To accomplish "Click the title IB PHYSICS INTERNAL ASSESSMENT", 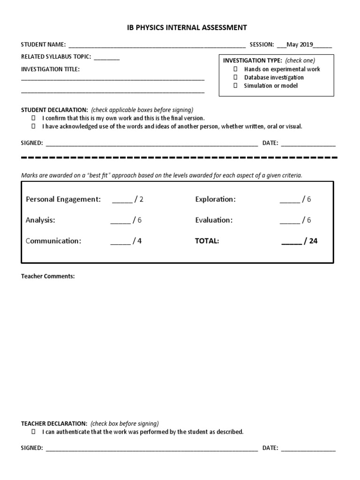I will tap(180, 28).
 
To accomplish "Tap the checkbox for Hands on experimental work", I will tap(236, 69).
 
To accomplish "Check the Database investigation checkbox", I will tap(236, 78).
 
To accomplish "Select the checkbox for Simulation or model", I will tap(236, 86).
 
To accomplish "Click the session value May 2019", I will tap(300, 45).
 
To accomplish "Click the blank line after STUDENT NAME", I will tap(157, 45).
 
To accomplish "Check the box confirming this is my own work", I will tap(33, 119).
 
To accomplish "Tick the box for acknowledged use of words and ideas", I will tap(33, 127).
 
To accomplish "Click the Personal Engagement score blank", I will tap(122, 200).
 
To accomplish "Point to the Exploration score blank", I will tap(290, 200).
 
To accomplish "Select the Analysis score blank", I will tap(120, 221).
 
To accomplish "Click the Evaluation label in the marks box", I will tap(213, 220).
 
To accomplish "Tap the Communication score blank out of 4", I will tap(120, 242).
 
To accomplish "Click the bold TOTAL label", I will tap(207, 241).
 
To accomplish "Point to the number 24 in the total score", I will tap(313, 241).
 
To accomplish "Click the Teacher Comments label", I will tap(47, 276).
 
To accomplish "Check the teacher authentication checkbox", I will tap(33, 432).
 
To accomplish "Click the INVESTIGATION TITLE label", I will tap(50, 69).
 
